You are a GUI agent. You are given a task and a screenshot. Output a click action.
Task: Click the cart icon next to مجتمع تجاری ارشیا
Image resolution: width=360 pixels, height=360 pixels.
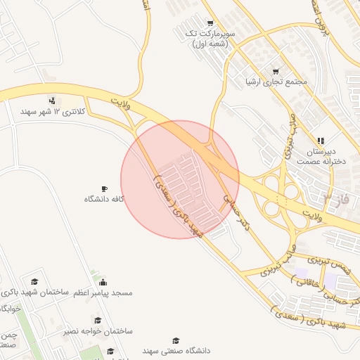[x=275, y=71]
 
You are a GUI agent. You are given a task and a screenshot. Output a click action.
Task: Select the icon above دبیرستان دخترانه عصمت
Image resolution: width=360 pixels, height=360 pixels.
[x=321, y=141]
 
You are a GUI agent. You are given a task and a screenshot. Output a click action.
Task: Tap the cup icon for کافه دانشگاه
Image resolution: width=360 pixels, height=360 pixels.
[x=104, y=188]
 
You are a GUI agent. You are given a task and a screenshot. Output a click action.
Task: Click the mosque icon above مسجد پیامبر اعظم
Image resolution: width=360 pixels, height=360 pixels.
[x=104, y=281]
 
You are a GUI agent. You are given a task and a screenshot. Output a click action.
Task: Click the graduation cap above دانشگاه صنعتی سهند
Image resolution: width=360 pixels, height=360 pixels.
[x=176, y=340]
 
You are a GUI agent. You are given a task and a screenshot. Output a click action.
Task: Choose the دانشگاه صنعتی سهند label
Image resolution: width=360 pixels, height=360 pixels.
[x=152, y=349]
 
